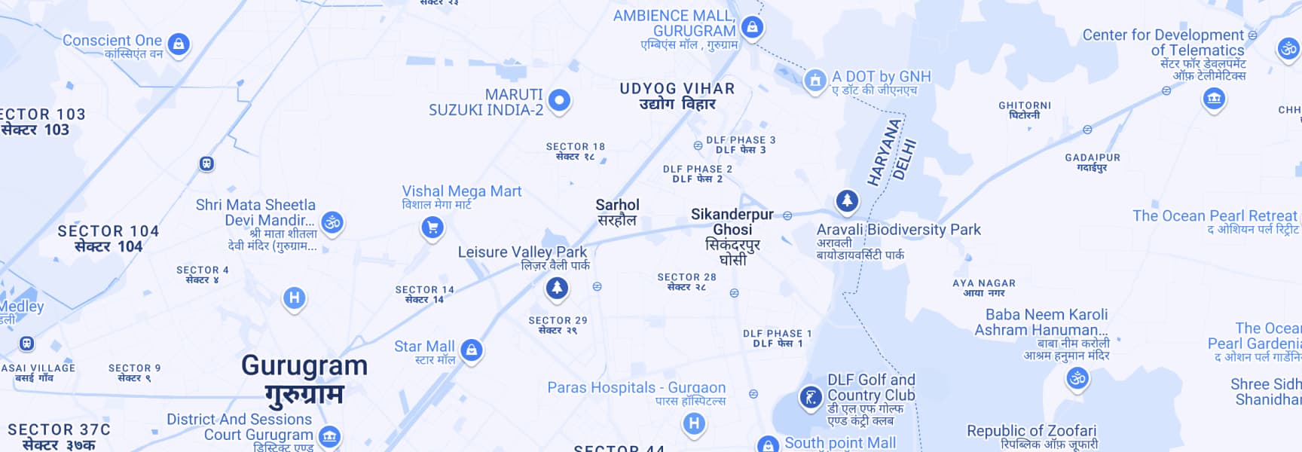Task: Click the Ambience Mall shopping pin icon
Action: pyautogui.click(x=751, y=28)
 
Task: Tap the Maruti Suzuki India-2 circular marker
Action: pyautogui.click(x=559, y=99)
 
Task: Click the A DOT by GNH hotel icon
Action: pyautogui.click(x=815, y=80)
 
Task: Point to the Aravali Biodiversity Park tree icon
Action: pyautogui.click(x=847, y=200)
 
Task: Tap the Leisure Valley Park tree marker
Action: pyautogui.click(x=557, y=287)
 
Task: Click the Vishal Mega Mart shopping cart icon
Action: pyautogui.click(x=432, y=227)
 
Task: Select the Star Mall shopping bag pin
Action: pyautogui.click(x=472, y=350)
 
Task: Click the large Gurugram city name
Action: pyautogui.click(x=304, y=366)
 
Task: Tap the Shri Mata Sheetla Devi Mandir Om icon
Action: pyautogui.click(x=332, y=221)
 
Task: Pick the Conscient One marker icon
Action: pyautogui.click(x=179, y=44)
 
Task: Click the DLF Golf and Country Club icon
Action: pyautogui.click(x=811, y=396)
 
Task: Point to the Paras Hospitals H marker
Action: pyautogui.click(x=694, y=423)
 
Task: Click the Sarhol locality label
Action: pyautogui.click(x=617, y=205)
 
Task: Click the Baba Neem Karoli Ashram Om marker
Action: pyautogui.click(x=1077, y=378)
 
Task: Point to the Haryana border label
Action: pyautogui.click(x=884, y=152)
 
